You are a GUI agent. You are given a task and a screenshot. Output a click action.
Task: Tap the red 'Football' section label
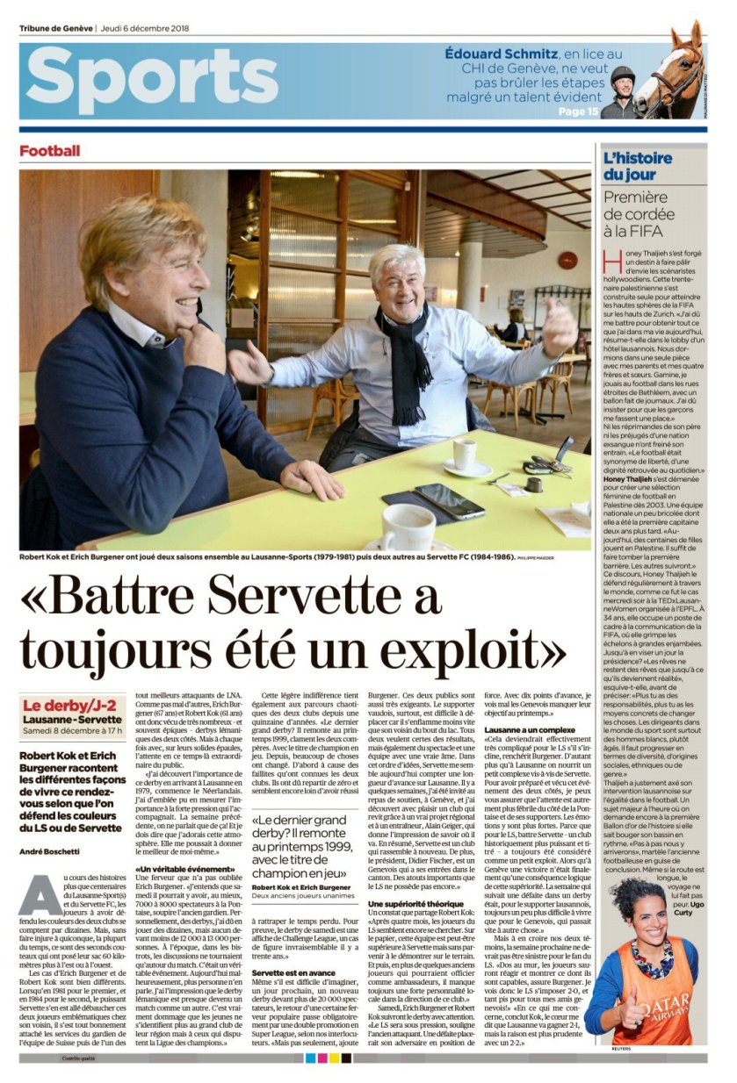point(49,151)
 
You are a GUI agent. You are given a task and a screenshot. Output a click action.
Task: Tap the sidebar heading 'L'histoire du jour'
point(637,166)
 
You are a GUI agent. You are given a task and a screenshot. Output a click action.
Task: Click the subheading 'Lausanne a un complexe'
point(529,730)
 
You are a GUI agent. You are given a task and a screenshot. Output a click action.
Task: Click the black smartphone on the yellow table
point(448,501)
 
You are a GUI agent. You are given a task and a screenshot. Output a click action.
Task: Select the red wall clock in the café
point(567,261)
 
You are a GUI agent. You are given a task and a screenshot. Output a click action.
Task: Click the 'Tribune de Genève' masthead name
point(56,28)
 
